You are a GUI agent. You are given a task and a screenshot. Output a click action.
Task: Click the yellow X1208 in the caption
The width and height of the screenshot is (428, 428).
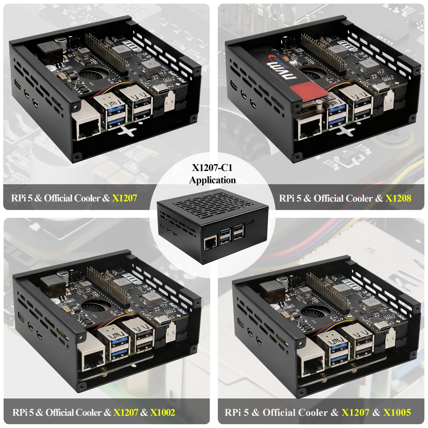[x=398, y=198]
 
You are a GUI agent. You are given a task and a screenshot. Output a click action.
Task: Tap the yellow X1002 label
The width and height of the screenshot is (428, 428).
[x=162, y=412]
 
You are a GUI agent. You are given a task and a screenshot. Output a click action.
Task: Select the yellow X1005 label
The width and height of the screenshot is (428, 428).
[x=397, y=412]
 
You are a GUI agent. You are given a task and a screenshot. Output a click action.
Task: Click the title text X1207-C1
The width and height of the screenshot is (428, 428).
[x=212, y=168]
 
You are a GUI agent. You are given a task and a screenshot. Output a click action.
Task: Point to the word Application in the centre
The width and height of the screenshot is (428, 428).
[x=212, y=180]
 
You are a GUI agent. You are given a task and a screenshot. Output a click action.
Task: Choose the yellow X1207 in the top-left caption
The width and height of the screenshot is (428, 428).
[x=124, y=198]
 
